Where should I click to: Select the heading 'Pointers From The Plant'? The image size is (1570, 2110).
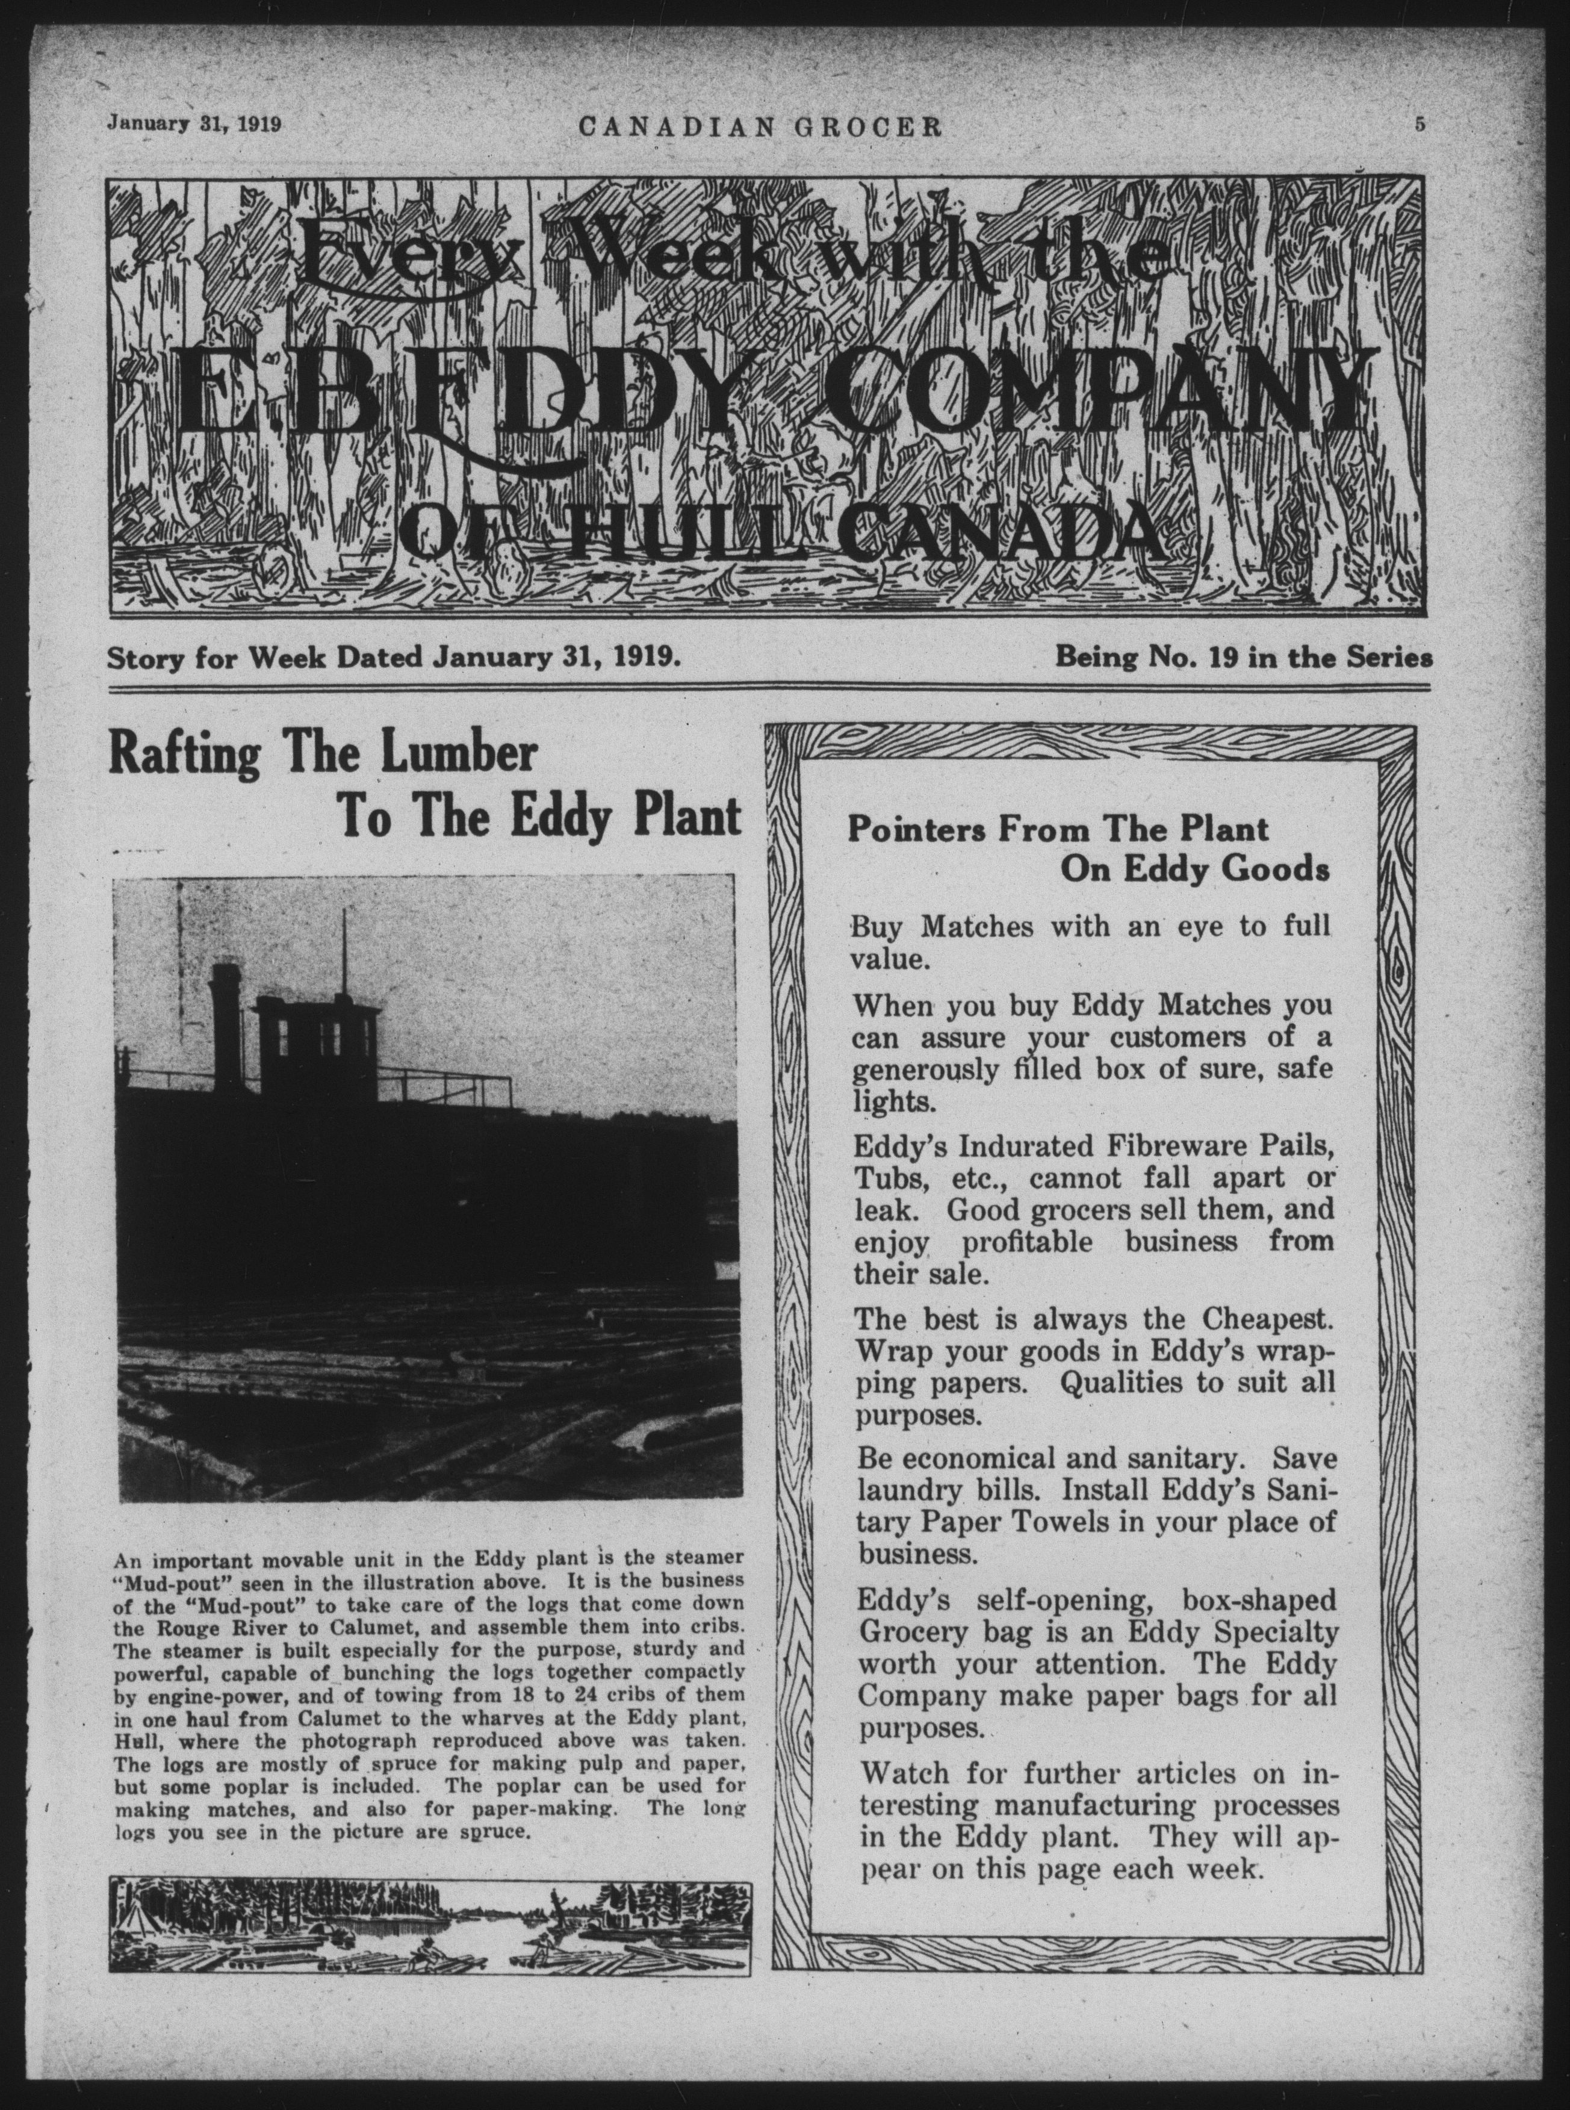pyautogui.click(x=1057, y=830)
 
